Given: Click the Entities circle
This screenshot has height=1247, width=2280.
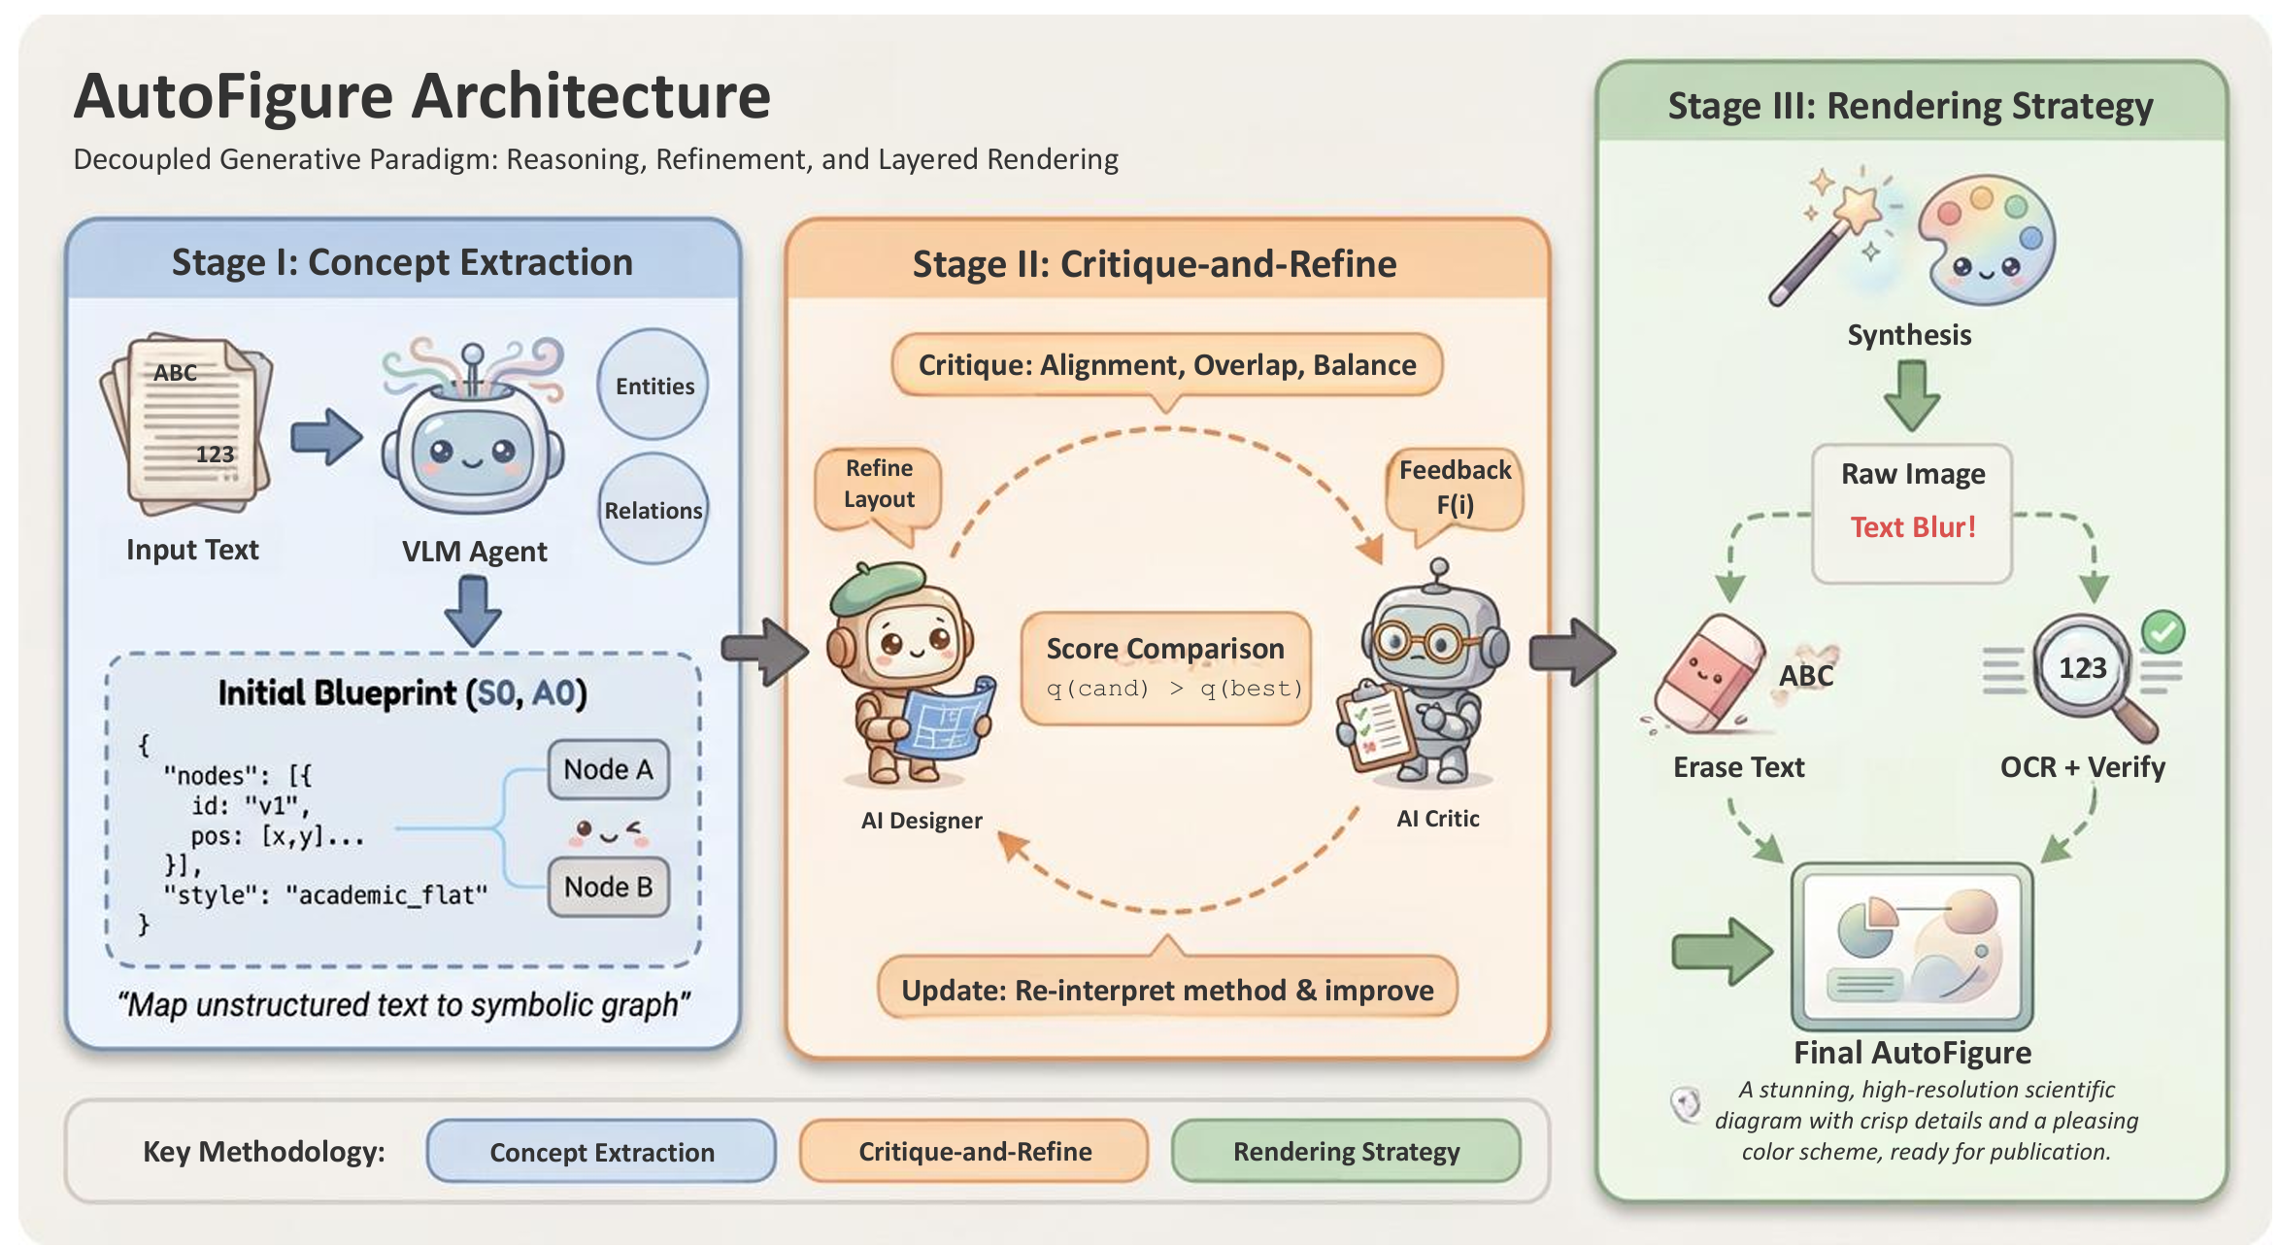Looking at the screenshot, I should pos(653,385).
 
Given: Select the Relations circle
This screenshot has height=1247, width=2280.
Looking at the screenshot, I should pos(653,509).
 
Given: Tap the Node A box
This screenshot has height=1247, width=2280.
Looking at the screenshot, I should pos(609,769).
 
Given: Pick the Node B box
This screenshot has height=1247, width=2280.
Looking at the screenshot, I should pos(609,887).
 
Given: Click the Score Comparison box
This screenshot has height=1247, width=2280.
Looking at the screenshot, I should pos(1166,667).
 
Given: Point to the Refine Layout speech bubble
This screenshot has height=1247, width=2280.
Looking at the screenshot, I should pos(879,486).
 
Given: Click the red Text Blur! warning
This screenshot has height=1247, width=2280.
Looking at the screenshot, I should pos(1913,527).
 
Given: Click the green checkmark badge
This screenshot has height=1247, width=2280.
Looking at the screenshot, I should pos(2163,631).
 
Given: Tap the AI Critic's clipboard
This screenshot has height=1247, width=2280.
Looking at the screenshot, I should pos(1374,729).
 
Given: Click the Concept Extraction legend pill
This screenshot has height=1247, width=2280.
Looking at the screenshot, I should pos(601,1152).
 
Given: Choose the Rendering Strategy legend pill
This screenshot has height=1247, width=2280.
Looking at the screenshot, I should pos(1346,1152).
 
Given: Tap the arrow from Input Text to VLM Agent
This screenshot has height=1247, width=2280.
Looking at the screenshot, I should pos(326,437).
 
